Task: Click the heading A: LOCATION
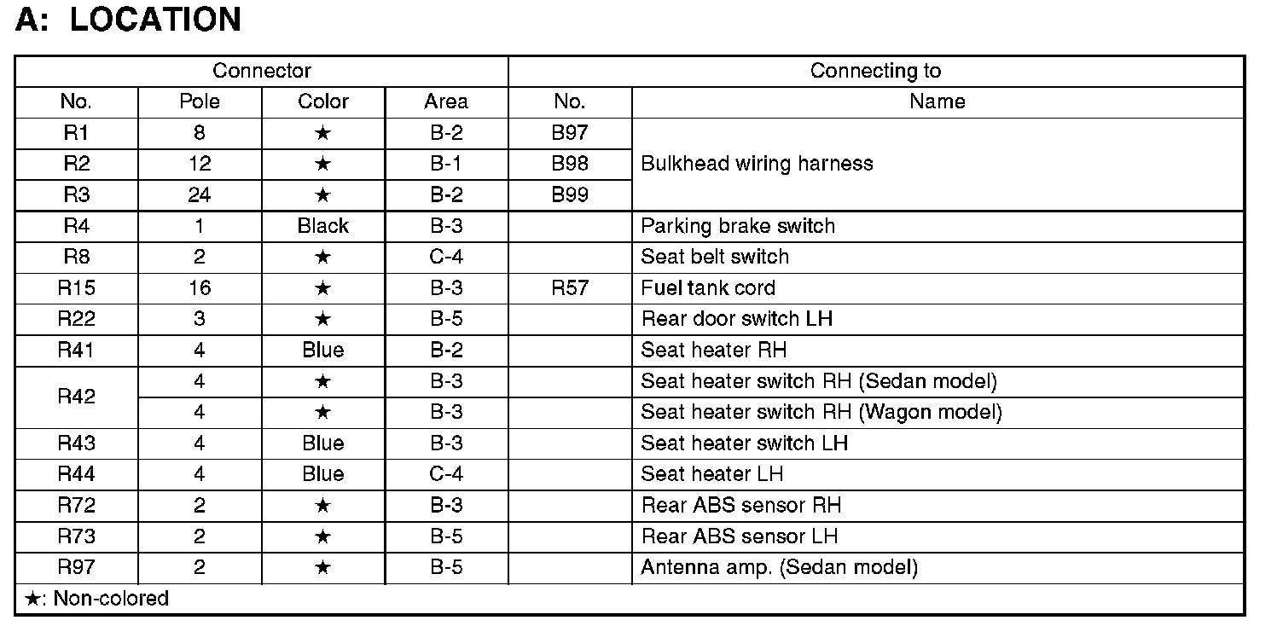pos(128,20)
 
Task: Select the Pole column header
pos(200,102)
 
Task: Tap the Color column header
pos(323,102)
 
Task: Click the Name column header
pos(937,102)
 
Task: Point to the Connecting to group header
pos(875,71)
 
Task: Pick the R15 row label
pos(76,288)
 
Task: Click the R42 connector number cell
pos(76,397)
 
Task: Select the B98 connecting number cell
pos(569,164)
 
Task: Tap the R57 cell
pos(569,288)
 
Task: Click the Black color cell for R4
pos(323,226)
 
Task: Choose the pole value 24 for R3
pos(200,195)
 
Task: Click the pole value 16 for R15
pos(200,288)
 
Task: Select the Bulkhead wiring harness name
pos(757,164)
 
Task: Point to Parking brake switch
pos(738,226)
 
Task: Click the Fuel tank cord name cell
pos(708,288)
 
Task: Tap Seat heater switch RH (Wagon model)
pos(821,413)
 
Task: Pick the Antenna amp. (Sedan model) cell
pos(779,567)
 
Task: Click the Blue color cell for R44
pos(323,474)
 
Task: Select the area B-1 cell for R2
pos(446,164)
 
